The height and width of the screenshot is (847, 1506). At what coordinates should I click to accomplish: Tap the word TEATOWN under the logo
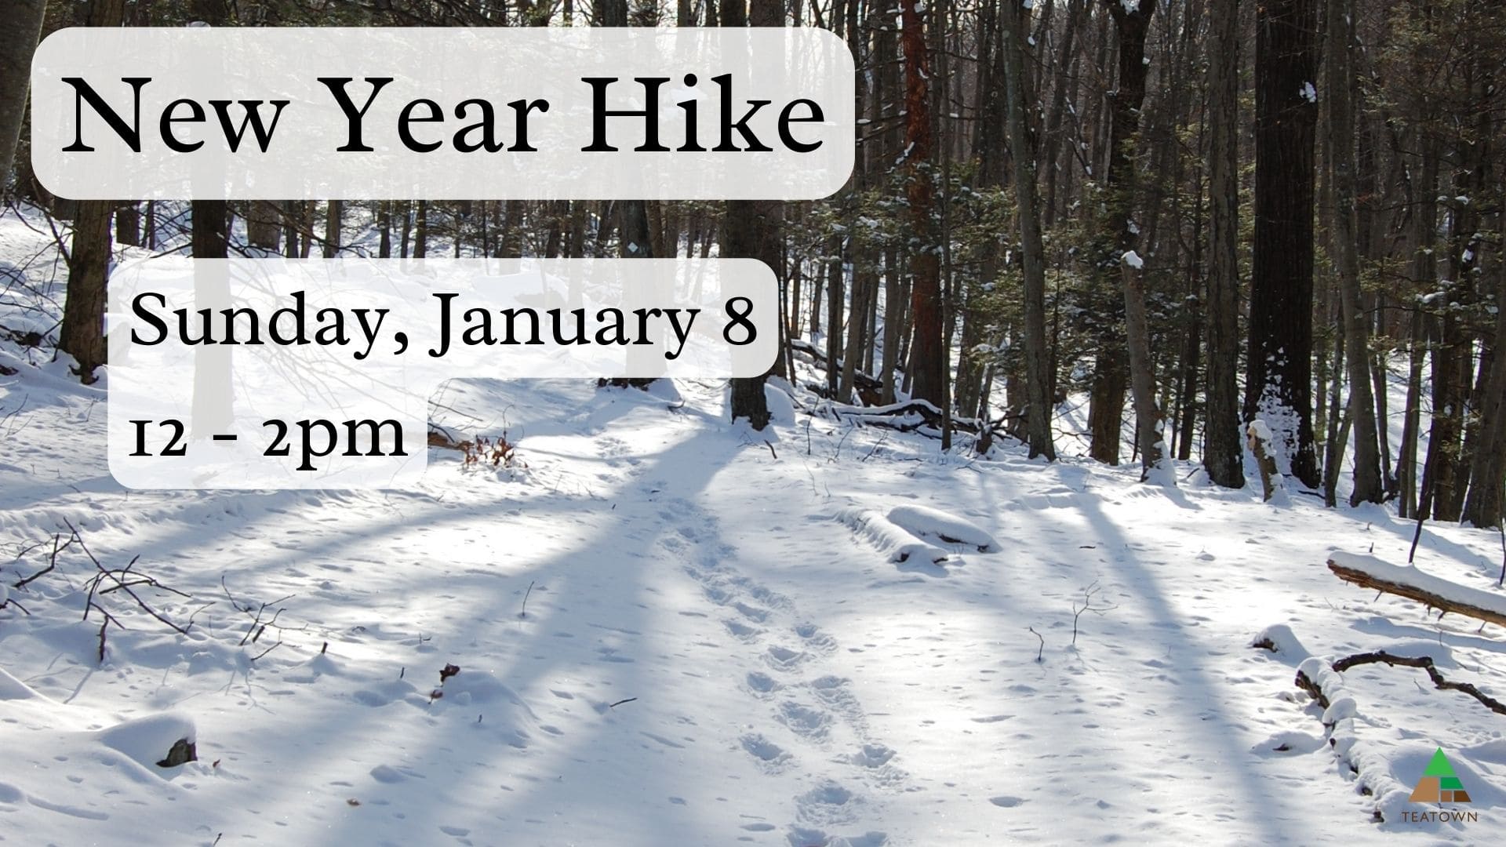coord(1439,817)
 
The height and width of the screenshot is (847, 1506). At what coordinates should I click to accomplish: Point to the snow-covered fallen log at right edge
coord(1416,584)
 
